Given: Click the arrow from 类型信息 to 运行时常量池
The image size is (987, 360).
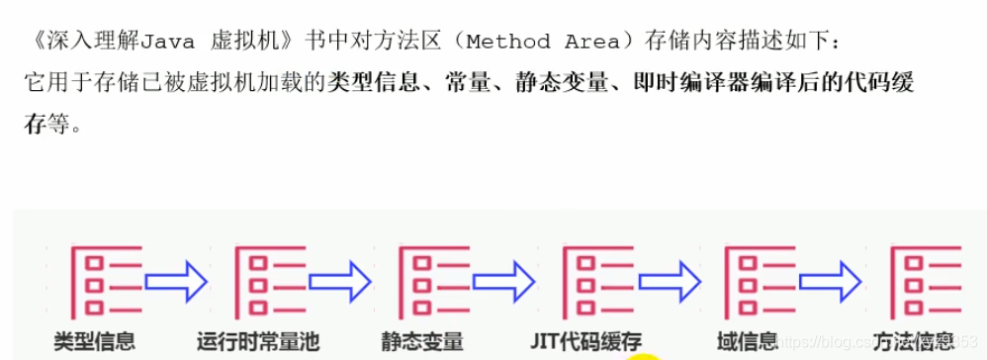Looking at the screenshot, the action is pyautogui.click(x=176, y=282).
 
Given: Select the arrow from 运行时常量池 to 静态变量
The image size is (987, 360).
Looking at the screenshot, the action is pyautogui.click(x=339, y=282).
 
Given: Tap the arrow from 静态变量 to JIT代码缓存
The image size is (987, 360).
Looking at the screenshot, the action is pyautogui.click(x=503, y=282).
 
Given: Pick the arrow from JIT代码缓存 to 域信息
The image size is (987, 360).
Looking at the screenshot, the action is pyautogui.click(x=668, y=282).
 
